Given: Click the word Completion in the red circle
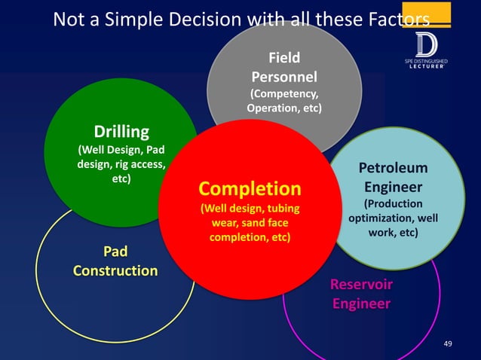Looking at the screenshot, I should (249, 188).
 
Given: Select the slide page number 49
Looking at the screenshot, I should (449, 344).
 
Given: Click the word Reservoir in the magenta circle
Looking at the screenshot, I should (361, 285).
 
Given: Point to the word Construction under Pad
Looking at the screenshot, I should (115, 270).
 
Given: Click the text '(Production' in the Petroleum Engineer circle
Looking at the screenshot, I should (393, 203).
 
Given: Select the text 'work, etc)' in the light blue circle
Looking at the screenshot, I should (393, 233).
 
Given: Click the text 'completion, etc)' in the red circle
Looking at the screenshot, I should (249, 237).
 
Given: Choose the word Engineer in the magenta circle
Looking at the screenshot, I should (361, 304).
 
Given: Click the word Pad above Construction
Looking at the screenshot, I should (115, 251).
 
